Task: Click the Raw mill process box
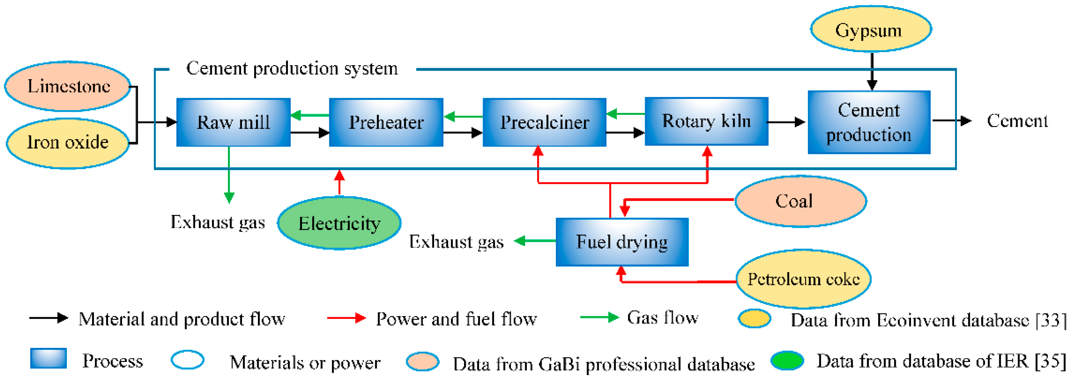coord(233,122)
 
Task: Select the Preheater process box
coord(386,122)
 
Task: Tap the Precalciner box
coord(544,122)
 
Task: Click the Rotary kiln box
coord(706,121)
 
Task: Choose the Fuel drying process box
coord(622,242)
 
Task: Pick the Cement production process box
coord(869,122)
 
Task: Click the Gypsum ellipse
coord(871,30)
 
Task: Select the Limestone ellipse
coord(68,86)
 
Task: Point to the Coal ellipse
coord(800,201)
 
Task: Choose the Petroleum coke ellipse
coord(803,279)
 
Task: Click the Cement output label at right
coord(1017,121)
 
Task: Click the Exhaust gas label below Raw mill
coord(218,222)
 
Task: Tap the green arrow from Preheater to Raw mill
coord(310,115)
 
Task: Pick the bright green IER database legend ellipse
coord(787,361)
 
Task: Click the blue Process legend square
coord(48,359)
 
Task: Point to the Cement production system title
coord(292,69)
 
